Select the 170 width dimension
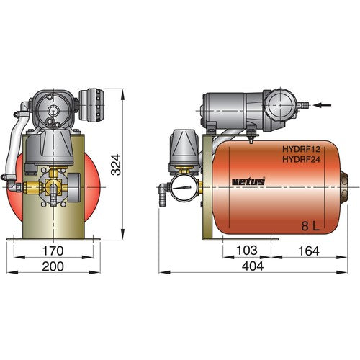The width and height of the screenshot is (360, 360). [52, 251]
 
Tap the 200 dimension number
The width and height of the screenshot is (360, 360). [52, 266]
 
